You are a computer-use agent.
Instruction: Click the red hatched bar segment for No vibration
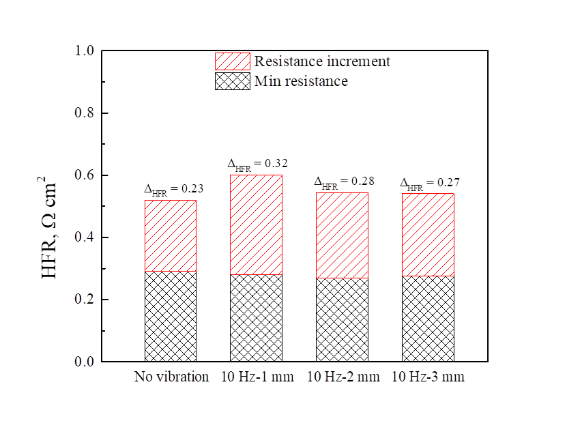(x=171, y=235)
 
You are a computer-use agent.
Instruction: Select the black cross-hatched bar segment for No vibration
(x=171, y=316)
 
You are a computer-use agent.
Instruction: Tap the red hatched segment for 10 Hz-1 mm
(x=256, y=225)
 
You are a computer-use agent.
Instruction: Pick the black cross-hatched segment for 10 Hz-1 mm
(x=256, y=317)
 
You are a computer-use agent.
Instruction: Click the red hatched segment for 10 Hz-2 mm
(x=342, y=235)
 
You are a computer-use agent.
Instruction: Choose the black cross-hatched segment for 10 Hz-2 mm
(x=342, y=319)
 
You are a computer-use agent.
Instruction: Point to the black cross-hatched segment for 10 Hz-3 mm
(x=428, y=318)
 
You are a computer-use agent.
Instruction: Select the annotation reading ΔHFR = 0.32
(x=257, y=164)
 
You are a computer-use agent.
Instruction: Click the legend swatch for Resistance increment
(x=232, y=61)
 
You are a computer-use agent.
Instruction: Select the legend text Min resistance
(x=301, y=82)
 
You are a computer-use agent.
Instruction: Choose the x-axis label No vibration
(x=171, y=377)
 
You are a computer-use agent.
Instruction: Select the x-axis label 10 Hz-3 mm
(x=428, y=377)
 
